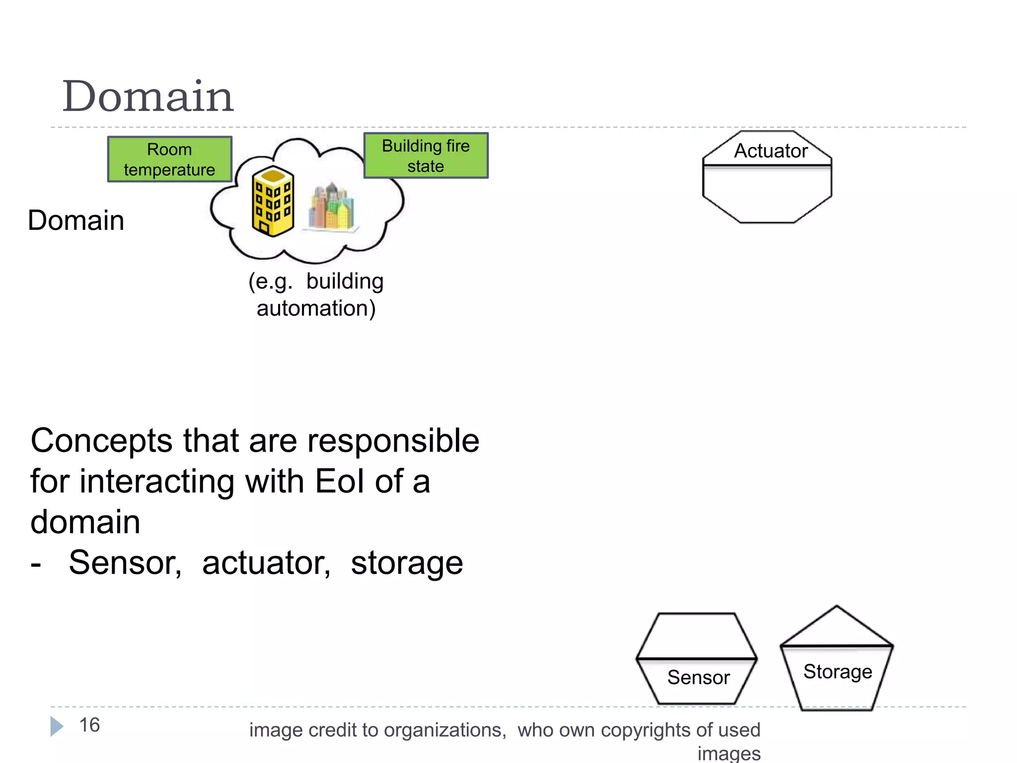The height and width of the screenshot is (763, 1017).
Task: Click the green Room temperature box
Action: point(169,159)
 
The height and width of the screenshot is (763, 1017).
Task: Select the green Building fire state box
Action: point(426,155)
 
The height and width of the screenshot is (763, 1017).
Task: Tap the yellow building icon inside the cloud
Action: point(273,201)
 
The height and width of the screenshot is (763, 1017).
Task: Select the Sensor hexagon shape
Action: point(697,659)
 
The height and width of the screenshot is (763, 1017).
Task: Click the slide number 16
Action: point(89,725)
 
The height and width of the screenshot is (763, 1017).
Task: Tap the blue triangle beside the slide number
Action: point(57,726)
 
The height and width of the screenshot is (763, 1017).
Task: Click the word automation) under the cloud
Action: point(316,308)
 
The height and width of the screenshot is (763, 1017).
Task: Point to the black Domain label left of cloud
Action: point(76,221)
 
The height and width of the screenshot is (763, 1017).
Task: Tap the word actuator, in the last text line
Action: point(266,563)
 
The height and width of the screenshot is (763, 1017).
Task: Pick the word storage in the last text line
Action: point(407,563)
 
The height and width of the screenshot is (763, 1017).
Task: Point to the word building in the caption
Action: point(345,282)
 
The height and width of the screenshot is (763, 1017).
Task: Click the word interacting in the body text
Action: point(157,481)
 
